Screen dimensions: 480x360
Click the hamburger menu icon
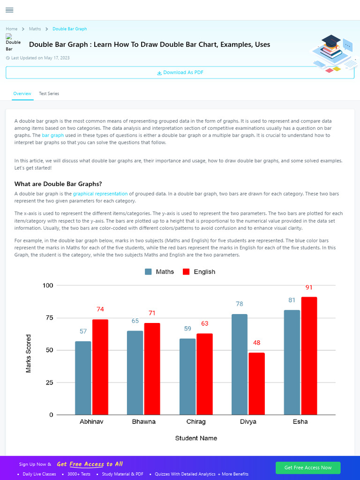click(x=9, y=10)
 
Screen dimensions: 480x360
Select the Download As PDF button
click(x=180, y=73)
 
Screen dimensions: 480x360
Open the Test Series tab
click(x=49, y=94)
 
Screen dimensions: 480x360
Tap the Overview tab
click(x=22, y=94)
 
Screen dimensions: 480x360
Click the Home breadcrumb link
click(x=12, y=29)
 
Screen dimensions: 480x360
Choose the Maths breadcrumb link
click(x=35, y=29)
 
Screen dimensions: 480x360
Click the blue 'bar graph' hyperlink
click(x=52, y=135)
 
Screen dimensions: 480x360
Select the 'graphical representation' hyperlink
click(x=100, y=194)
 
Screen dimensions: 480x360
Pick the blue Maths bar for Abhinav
click(x=83, y=378)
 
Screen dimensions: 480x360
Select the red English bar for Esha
click(x=309, y=356)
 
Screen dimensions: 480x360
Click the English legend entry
click(x=199, y=272)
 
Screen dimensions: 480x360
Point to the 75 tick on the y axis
click(x=48, y=318)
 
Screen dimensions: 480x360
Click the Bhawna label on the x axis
click(x=143, y=422)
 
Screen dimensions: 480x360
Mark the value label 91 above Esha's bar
click(x=309, y=287)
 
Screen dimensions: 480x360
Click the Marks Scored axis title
click(x=29, y=353)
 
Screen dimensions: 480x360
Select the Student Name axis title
click(x=196, y=438)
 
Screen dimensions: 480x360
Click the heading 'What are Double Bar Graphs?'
click(x=58, y=184)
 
